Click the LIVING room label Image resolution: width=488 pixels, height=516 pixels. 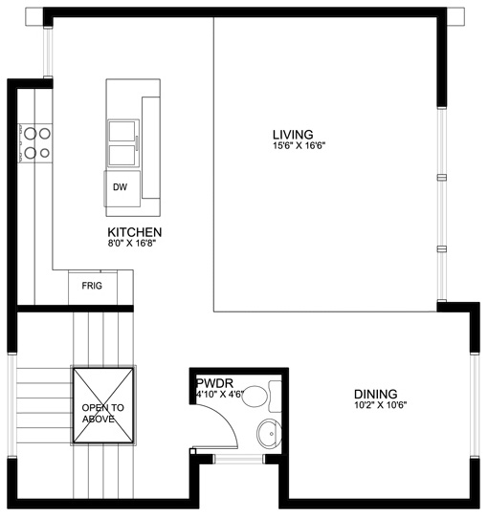(293, 135)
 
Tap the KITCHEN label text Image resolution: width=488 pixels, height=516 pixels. (135, 232)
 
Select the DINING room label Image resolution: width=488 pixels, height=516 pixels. (376, 394)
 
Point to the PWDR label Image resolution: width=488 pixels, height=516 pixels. (215, 383)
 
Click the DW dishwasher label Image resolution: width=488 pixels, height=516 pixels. (120, 187)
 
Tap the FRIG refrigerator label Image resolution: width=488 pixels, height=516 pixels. (92, 286)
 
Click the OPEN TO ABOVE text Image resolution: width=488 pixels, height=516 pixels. (102, 414)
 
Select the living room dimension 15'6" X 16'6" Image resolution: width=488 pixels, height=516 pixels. (299, 145)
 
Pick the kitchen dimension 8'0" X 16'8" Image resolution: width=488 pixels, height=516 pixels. (131, 244)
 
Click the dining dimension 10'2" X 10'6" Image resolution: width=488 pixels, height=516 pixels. (381, 405)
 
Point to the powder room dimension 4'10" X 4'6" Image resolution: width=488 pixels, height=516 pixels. (220, 394)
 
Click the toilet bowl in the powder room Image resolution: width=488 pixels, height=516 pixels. (255, 397)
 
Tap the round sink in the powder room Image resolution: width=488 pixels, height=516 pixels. (269, 434)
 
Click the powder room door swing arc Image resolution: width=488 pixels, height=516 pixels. (228, 418)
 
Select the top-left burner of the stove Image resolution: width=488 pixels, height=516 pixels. (30, 134)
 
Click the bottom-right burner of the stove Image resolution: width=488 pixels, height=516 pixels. (45, 153)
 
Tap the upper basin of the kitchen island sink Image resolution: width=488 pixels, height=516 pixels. (122, 131)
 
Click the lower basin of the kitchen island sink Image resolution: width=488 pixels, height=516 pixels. (122, 155)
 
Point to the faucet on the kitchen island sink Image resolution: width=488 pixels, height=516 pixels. (137, 143)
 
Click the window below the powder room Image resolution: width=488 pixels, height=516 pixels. (239, 459)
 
